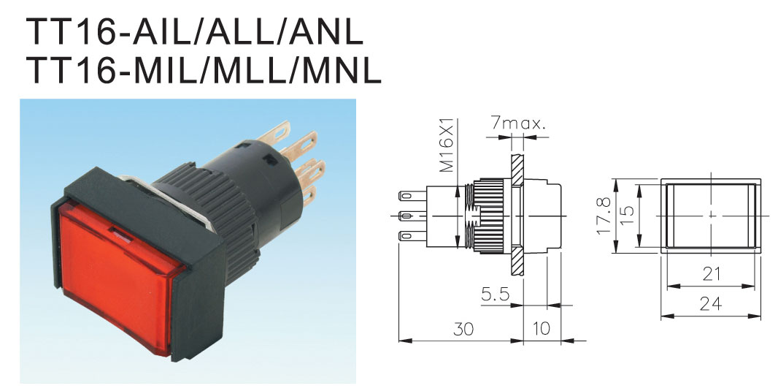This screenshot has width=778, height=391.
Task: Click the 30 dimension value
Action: [463, 329]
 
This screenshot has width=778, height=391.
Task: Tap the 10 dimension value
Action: [541, 328]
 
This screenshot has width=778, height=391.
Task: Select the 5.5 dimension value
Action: [495, 295]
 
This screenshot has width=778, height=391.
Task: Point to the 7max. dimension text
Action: [518, 123]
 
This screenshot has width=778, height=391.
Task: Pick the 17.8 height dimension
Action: [604, 216]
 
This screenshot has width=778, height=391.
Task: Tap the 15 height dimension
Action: [627, 215]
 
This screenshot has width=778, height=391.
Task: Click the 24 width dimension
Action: [711, 303]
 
